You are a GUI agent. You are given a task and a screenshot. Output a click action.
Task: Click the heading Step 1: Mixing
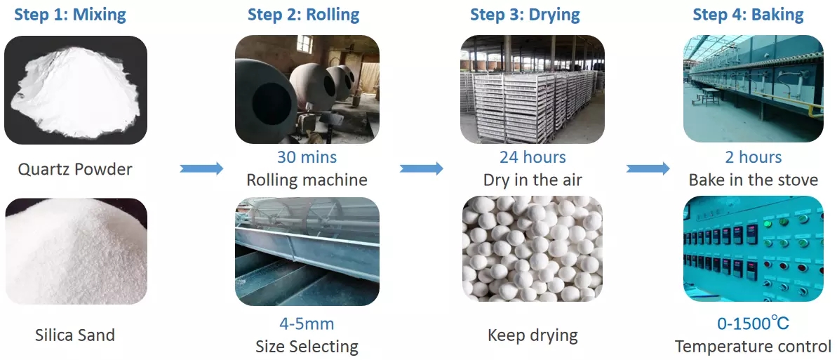pyautogui.click(x=70, y=15)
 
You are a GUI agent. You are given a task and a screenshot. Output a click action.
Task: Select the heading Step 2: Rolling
pyautogui.click(x=303, y=15)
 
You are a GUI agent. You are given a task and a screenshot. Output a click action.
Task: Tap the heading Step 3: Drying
pyautogui.click(x=525, y=15)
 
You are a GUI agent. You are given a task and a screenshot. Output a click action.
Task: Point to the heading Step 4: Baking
pyautogui.click(x=748, y=15)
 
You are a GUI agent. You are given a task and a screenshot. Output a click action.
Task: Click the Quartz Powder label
pyautogui.click(x=75, y=169)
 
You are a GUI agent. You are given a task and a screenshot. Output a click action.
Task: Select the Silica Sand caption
pyautogui.click(x=75, y=335)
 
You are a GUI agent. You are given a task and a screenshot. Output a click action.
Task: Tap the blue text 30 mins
pyautogui.click(x=307, y=157)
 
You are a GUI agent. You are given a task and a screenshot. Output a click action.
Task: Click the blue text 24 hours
pyautogui.click(x=533, y=157)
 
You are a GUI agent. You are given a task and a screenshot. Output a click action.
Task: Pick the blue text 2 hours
pyautogui.click(x=754, y=157)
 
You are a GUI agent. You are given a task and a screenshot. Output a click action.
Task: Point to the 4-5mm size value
pyautogui.click(x=307, y=324)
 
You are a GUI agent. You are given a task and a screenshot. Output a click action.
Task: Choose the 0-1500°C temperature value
pyautogui.click(x=754, y=323)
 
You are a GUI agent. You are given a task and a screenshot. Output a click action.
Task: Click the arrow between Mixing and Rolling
pyautogui.click(x=202, y=169)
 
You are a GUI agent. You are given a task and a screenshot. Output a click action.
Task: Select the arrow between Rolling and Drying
pyautogui.click(x=422, y=169)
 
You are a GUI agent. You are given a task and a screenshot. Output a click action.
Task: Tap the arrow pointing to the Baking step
pyautogui.click(x=648, y=169)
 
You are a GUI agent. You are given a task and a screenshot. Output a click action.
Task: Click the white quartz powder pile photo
pyautogui.click(x=75, y=90)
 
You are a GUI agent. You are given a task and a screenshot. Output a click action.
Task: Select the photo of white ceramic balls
pyautogui.click(x=533, y=249)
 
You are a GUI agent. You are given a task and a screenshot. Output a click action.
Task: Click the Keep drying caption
pyautogui.click(x=533, y=335)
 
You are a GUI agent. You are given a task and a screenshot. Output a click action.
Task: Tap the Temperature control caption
pyautogui.click(x=754, y=346)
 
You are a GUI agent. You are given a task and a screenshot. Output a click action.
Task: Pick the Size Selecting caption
pyautogui.click(x=307, y=347)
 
